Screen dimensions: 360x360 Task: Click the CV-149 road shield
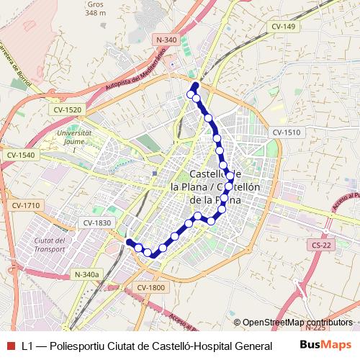284,27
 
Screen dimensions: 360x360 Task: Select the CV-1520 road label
68,109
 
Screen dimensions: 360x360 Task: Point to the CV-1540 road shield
21,155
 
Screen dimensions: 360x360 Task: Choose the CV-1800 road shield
151,287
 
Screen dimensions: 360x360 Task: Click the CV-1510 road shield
286,132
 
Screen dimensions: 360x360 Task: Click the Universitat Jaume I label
74,139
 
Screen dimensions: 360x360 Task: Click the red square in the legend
10,345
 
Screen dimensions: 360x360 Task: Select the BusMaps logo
326,344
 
